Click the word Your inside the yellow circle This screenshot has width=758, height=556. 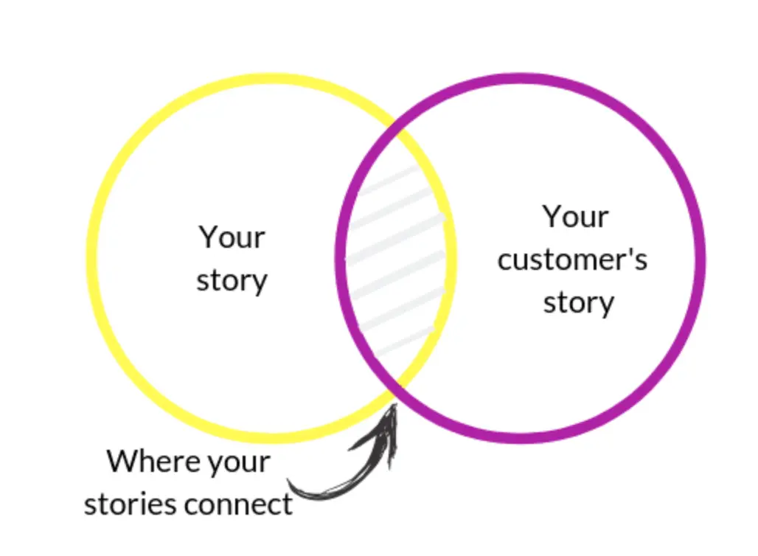[232, 237]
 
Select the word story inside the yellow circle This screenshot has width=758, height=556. [232, 281]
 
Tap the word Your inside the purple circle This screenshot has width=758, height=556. [575, 217]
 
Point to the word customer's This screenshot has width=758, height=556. [572, 260]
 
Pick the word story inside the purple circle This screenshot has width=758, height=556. [578, 303]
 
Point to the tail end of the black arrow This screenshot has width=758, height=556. [289, 483]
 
